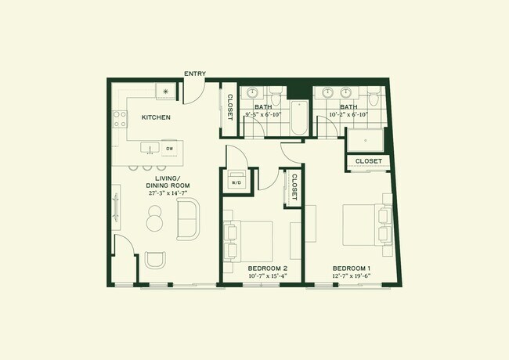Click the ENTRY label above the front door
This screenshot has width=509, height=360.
pyautogui.click(x=195, y=74)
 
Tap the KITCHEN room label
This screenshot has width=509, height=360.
pyautogui.click(x=156, y=117)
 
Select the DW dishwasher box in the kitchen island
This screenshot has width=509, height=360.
pyautogui.click(x=169, y=147)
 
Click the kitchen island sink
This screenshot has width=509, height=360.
pyautogui.click(x=150, y=147)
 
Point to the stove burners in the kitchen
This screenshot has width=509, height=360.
pyautogui.click(x=120, y=118)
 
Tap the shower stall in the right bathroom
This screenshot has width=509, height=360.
pyautogui.click(x=366, y=139)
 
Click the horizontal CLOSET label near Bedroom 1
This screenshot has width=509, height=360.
pyautogui.click(x=369, y=161)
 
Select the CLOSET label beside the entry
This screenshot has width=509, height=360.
pyautogui.click(x=229, y=107)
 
